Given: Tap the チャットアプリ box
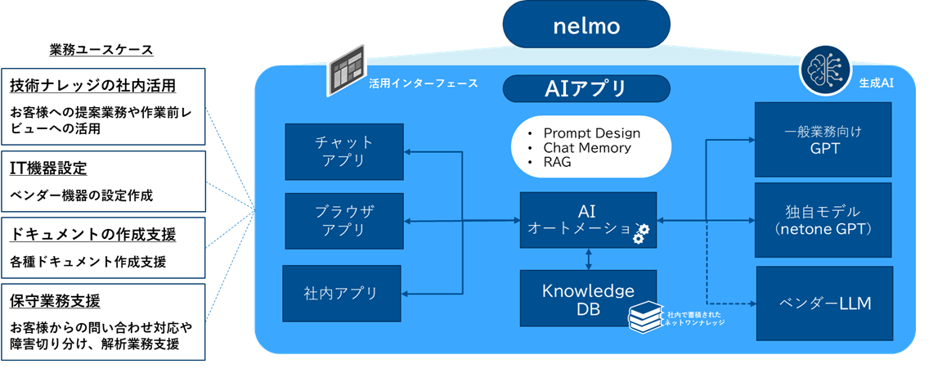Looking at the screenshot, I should coord(344,151).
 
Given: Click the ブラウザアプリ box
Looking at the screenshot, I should coord(344,221).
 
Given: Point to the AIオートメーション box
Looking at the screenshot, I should coord(588,220).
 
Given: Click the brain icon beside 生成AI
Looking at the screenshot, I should coord(820,66).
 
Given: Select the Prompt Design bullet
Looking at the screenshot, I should coord(591,133).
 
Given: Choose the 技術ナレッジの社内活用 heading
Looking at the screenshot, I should coord(93,85).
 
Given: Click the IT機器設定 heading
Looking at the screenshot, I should coord(48,169).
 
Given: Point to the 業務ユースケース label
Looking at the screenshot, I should coord(101,50).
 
